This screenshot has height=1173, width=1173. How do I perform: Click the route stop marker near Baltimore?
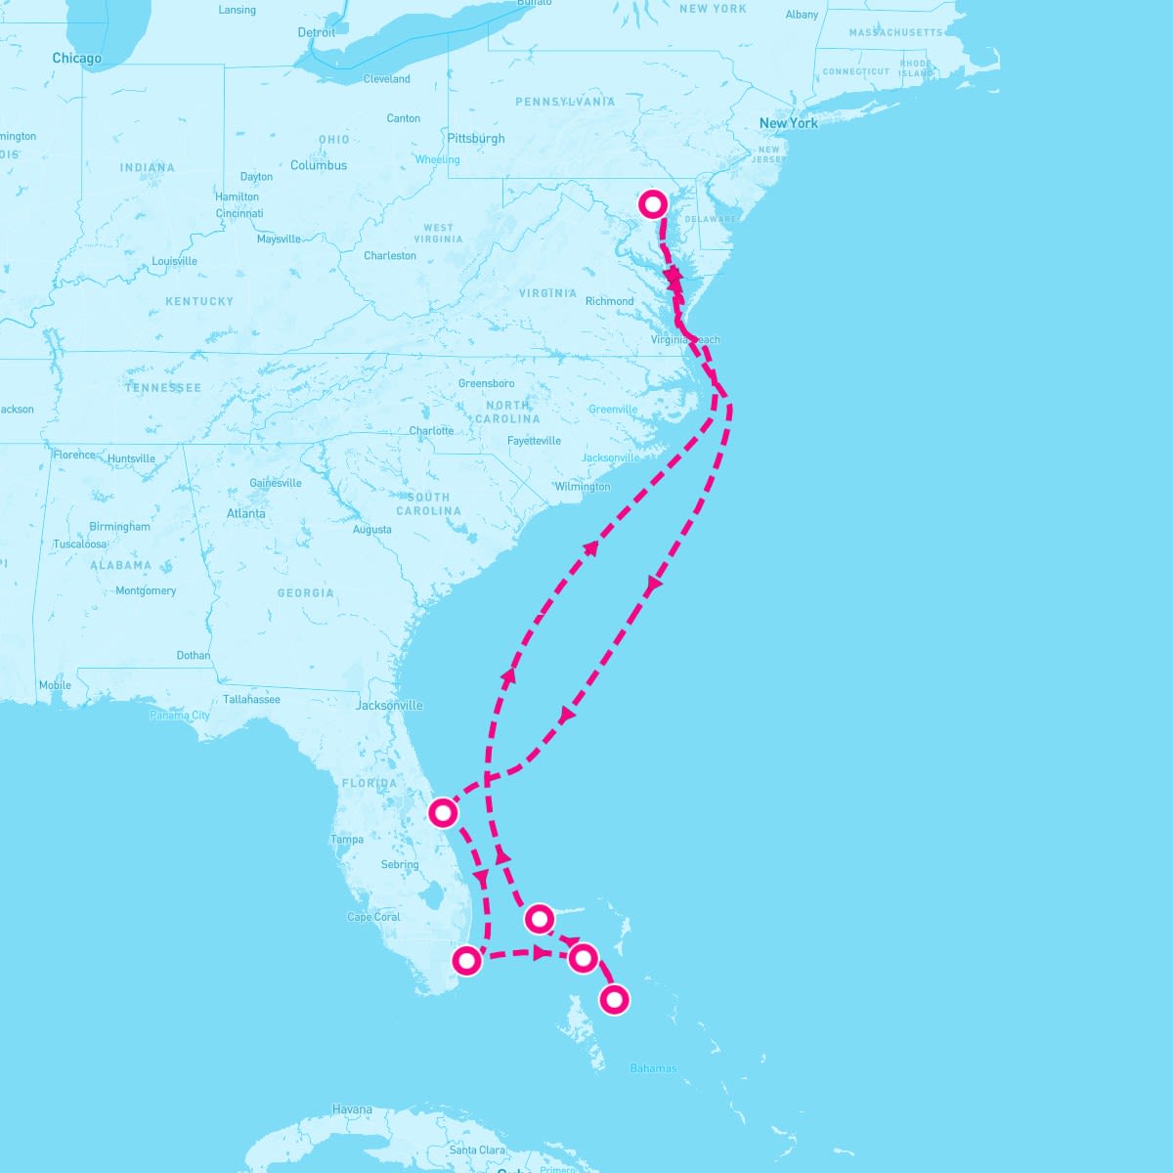[653, 203]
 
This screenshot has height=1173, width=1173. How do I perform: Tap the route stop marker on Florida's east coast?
[444, 812]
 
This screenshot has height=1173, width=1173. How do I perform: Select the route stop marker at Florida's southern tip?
[467, 960]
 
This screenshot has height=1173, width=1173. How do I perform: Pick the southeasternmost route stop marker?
[614, 999]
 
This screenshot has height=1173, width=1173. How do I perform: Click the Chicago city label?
[77, 59]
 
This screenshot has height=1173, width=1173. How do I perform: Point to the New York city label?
[788, 123]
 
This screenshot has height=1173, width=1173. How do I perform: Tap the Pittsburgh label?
[476, 139]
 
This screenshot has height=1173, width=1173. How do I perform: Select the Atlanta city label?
[245, 513]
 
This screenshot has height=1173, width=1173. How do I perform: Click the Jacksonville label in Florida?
[389, 705]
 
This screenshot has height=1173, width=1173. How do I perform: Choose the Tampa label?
[347, 840]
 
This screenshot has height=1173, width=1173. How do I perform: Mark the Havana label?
[352, 1109]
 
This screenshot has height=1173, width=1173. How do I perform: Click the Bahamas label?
[653, 1068]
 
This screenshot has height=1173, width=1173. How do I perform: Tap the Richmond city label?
[609, 301]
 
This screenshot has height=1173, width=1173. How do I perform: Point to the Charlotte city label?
[431, 431]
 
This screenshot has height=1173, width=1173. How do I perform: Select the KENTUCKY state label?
[199, 301]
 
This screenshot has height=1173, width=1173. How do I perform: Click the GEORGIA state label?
[305, 593]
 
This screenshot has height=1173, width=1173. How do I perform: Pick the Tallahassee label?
[251, 699]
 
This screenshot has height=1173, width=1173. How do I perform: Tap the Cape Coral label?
[373, 917]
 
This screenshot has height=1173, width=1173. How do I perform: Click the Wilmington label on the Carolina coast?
[582, 487]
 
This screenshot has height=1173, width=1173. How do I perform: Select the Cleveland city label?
[386, 79]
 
